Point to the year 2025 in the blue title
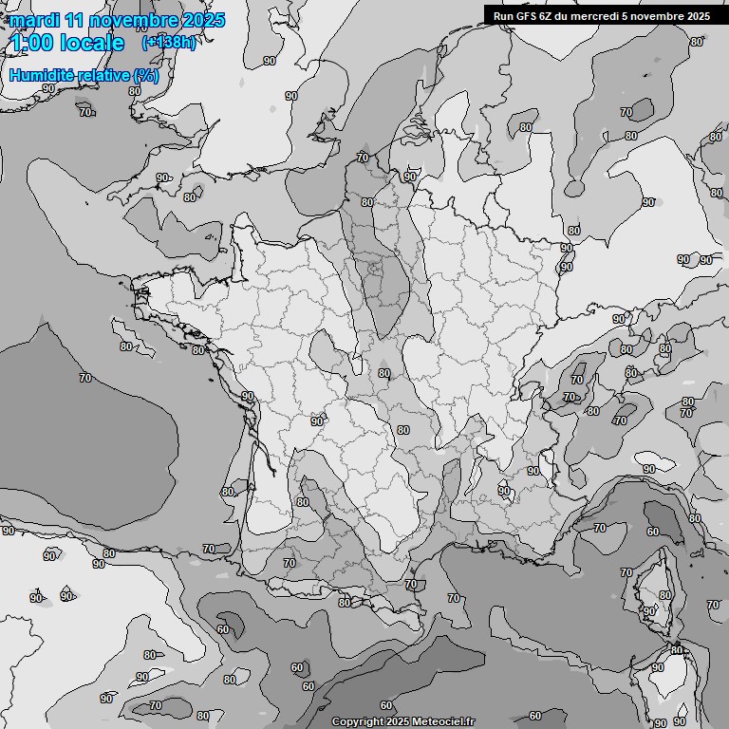tap(204, 20)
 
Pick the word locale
tap(91, 43)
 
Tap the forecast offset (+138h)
tap(169, 43)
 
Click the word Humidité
tap(42, 75)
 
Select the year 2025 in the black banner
tap(698, 16)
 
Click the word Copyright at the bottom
tap(357, 722)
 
